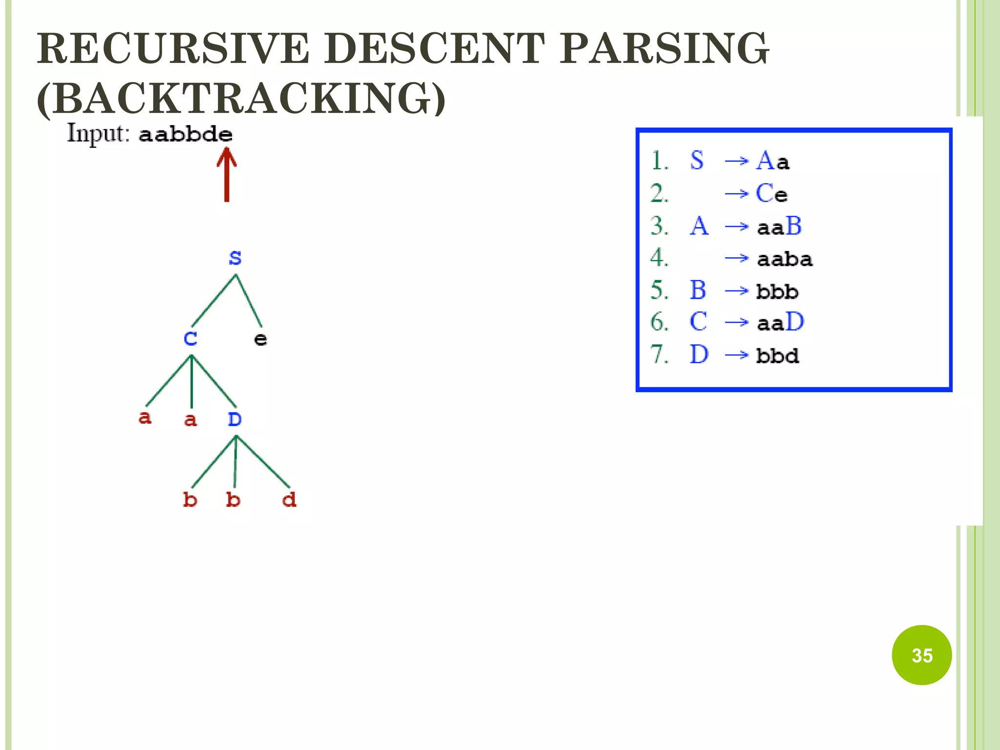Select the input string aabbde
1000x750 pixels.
pos(186,134)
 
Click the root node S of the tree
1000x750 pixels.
pos(235,257)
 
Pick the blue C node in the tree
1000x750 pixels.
pos(190,338)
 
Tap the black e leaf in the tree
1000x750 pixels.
pos(261,339)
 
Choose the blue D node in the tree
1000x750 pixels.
pos(235,419)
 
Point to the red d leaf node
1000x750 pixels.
pos(289,500)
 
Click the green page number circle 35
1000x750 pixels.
pos(921,655)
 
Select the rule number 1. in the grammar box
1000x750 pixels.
pos(659,161)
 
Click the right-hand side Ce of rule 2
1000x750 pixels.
pos(771,193)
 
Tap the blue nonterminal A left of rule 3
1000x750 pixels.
pos(699,226)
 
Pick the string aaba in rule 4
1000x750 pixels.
pos(785,259)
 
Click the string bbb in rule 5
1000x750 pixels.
pos(777,292)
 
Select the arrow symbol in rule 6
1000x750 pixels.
pos(736,323)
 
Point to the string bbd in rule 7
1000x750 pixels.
pos(777,355)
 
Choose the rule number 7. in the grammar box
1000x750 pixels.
pos(659,354)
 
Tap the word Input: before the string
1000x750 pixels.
pos(98,133)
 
